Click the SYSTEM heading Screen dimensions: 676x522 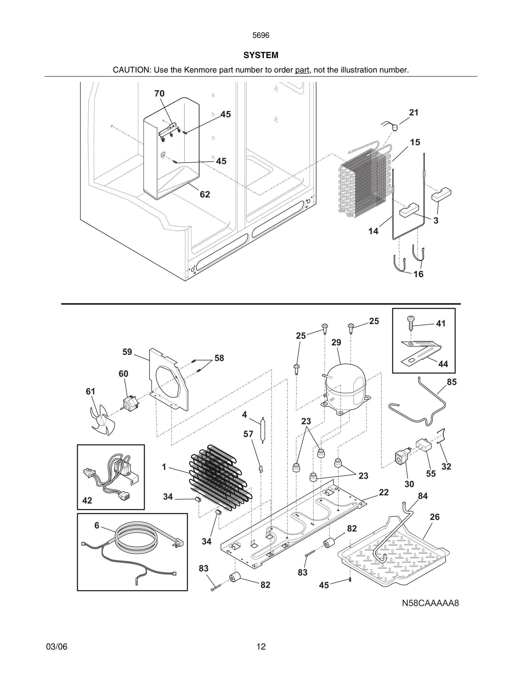point(261,55)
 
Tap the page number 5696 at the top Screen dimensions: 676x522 point(261,36)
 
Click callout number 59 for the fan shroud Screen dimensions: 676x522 point(127,352)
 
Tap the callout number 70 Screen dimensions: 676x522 point(159,94)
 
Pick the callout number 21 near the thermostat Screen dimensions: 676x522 point(414,113)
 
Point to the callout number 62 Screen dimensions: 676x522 point(205,194)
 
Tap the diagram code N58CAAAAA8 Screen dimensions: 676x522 point(430,603)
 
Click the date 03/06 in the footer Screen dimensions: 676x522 point(57,647)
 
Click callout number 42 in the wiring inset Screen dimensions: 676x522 point(87,500)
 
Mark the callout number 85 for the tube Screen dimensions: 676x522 point(451,382)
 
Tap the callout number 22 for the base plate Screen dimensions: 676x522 point(384,492)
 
